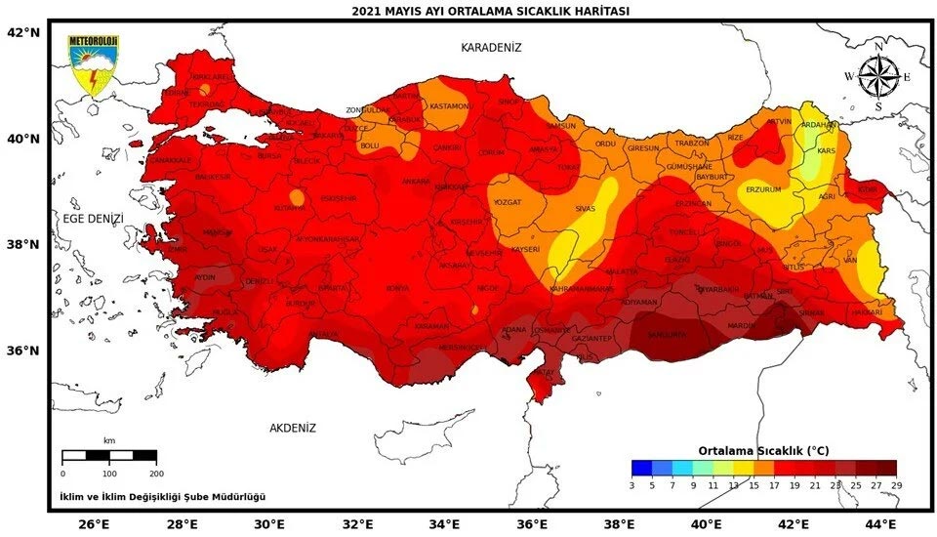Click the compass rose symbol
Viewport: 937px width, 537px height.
point(877,76)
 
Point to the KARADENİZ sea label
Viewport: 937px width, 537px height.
point(492,47)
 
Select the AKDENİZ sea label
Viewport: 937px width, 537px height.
point(293,428)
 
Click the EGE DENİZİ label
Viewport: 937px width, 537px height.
point(94,219)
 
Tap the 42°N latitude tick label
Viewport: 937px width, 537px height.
point(23,32)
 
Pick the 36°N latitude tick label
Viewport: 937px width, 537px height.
point(23,351)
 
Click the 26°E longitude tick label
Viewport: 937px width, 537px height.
point(94,524)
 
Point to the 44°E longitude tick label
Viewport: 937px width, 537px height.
point(881,524)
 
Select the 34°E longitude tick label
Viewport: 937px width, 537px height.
point(444,524)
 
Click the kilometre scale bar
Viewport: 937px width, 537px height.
point(109,456)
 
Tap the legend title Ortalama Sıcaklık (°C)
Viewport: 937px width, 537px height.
point(763,450)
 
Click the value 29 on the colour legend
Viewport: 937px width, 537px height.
point(895,484)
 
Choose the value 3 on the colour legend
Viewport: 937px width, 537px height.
point(632,484)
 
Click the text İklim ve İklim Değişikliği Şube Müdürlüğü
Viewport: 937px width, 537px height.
point(162,497)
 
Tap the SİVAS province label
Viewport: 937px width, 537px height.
point(585,208)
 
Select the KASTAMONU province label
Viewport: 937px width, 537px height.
point(450,105)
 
